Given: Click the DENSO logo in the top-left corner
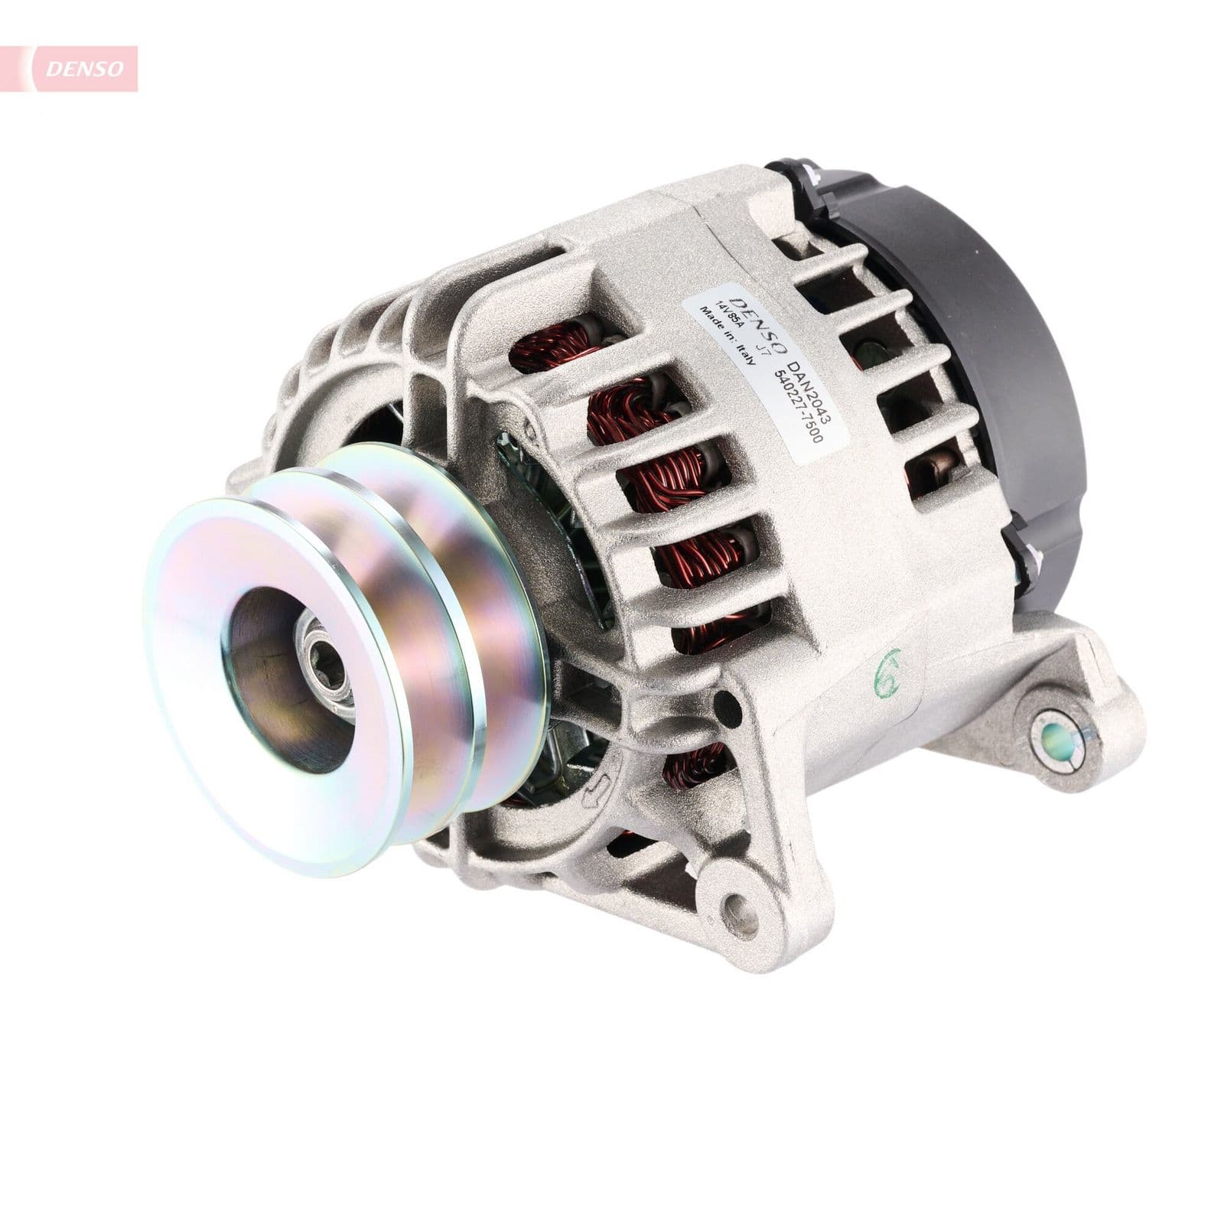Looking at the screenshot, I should pyautogui.click(x=84, y=68).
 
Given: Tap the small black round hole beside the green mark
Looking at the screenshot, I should pyautogui.click(x=720, y=697).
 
